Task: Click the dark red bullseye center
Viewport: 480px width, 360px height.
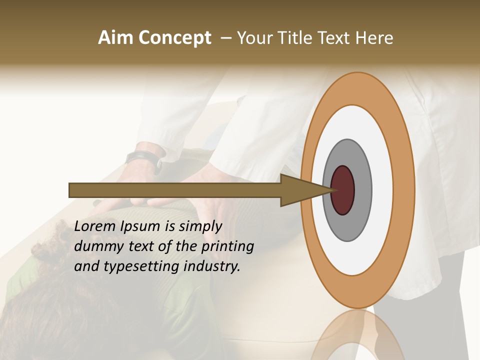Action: (342, 190)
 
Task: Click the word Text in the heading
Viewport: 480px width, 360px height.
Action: (333, 38)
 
